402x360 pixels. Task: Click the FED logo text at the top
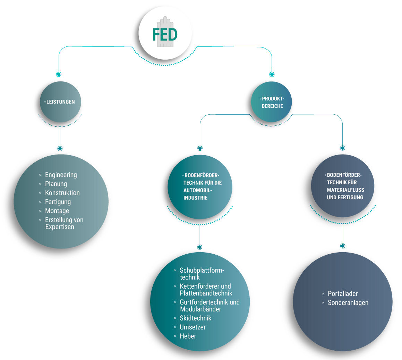coord(165,35)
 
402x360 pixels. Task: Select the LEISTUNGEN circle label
coord(61,102)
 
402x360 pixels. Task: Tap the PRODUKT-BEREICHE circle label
coord(273,103)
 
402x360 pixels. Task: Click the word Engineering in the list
coord(61,175)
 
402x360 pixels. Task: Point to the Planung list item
coord(56,184)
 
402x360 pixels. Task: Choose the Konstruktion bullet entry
coord(62,193)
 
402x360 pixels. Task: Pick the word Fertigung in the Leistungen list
coord(58,202)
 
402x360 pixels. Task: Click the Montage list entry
coord(57,211)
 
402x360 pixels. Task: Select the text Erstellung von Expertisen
coord(64,223)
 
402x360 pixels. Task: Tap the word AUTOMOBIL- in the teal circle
coord(198,190)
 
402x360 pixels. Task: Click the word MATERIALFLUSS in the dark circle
coord(345,190)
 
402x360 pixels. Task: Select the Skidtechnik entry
coord(195,318)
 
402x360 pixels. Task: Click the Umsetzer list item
coord(193,327)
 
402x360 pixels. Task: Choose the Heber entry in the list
coord(188,336)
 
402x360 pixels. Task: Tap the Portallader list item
coord(343,293)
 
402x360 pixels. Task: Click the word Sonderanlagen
coord(348,302)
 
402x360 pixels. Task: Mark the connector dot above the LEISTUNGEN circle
coord(59,74)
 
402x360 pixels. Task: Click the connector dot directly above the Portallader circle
coord(343,246)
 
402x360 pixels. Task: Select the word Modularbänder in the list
coord(200,309)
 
